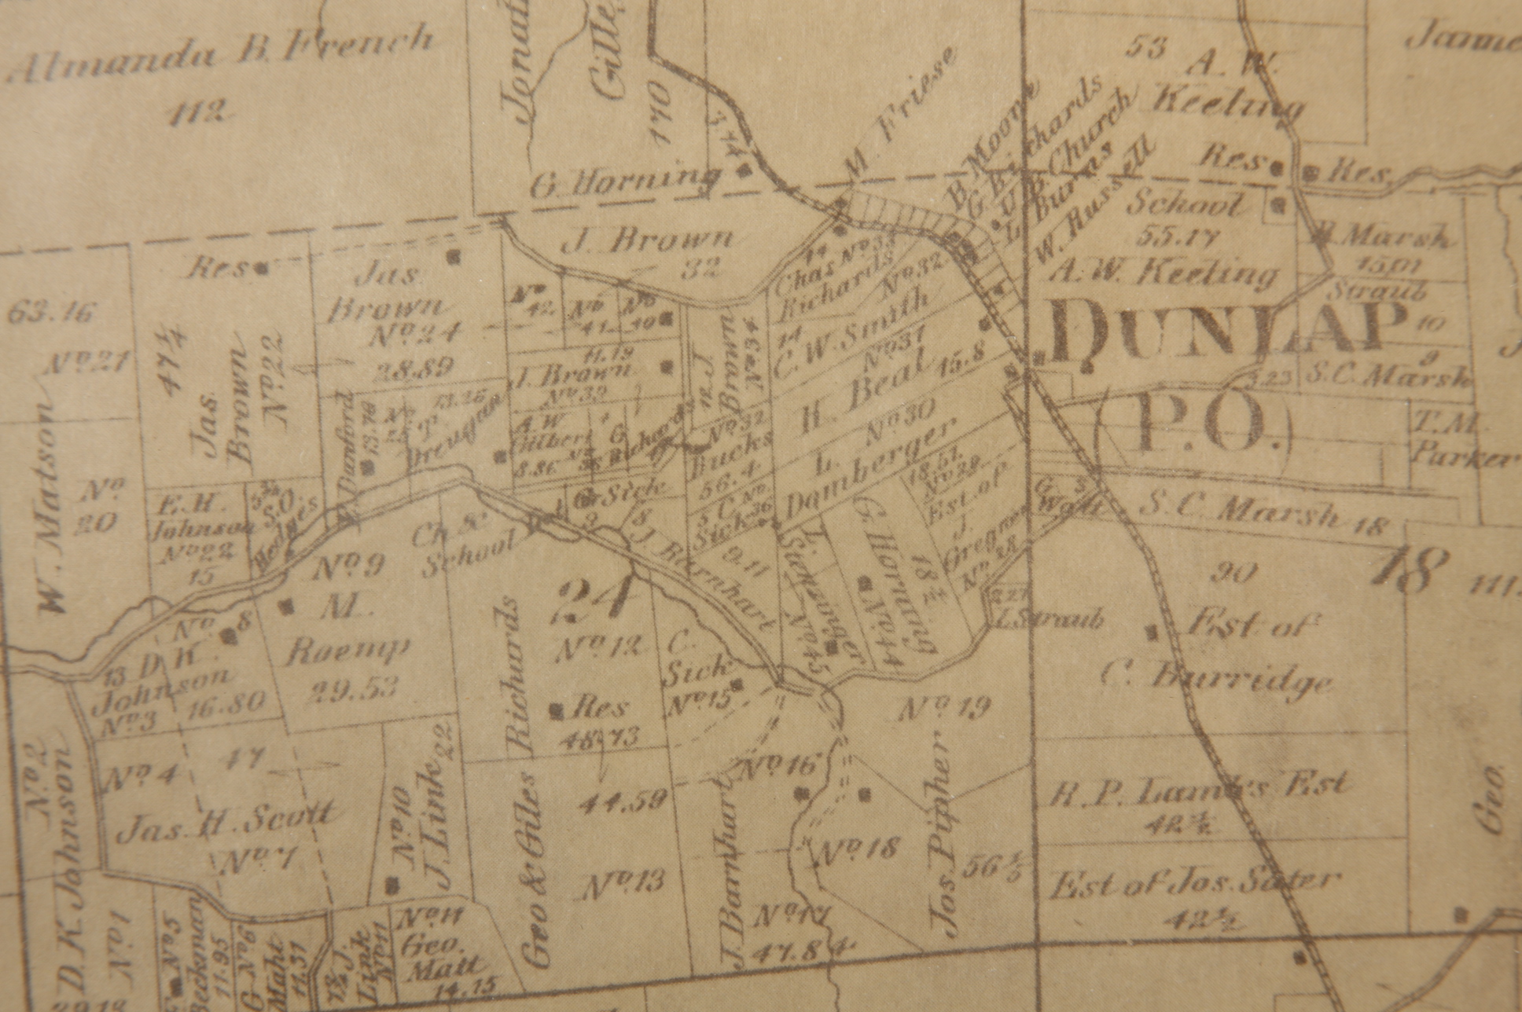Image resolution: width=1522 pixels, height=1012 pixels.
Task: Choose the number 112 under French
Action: click(199, 112)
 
